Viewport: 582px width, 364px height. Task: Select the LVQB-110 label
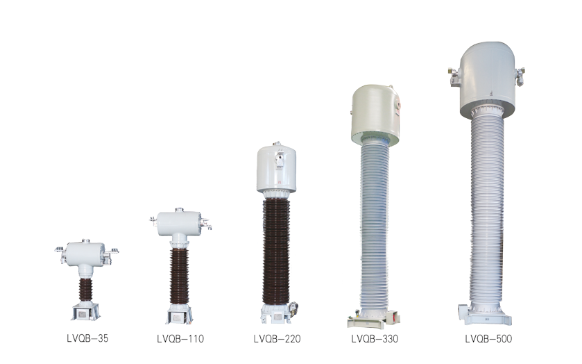[x=180, y=339]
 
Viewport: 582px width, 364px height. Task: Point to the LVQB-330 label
[x=375, y=339]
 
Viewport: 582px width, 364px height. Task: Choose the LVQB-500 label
[x=488, y=339]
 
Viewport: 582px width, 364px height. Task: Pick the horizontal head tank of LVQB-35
[x=87, y=253]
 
